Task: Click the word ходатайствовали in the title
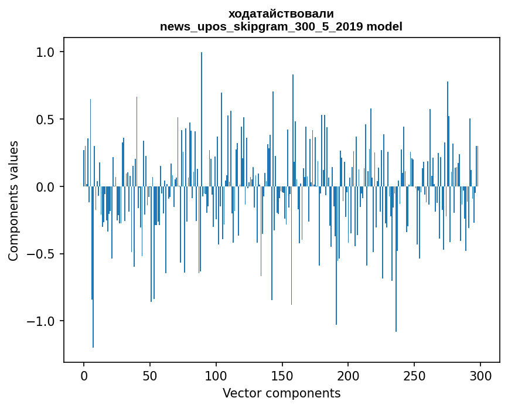[x=281, y=13]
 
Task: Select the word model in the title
[x=386, y=26]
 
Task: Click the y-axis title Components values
[x=13, y=200]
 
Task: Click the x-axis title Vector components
[x=281, y=393]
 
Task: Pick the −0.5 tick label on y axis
[x=42, y=254]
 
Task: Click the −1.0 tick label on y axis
[x=42, y=321]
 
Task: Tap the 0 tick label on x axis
[x=84, y=375]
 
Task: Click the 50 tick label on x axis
[x=150, y=375]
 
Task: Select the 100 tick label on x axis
[x=216, y=375]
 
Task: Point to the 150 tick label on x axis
[x=282, y=375]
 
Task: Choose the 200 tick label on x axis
[x=349, y=375]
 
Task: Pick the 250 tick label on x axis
[x=415, y=375]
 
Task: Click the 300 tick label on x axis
[x=480, y=375]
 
